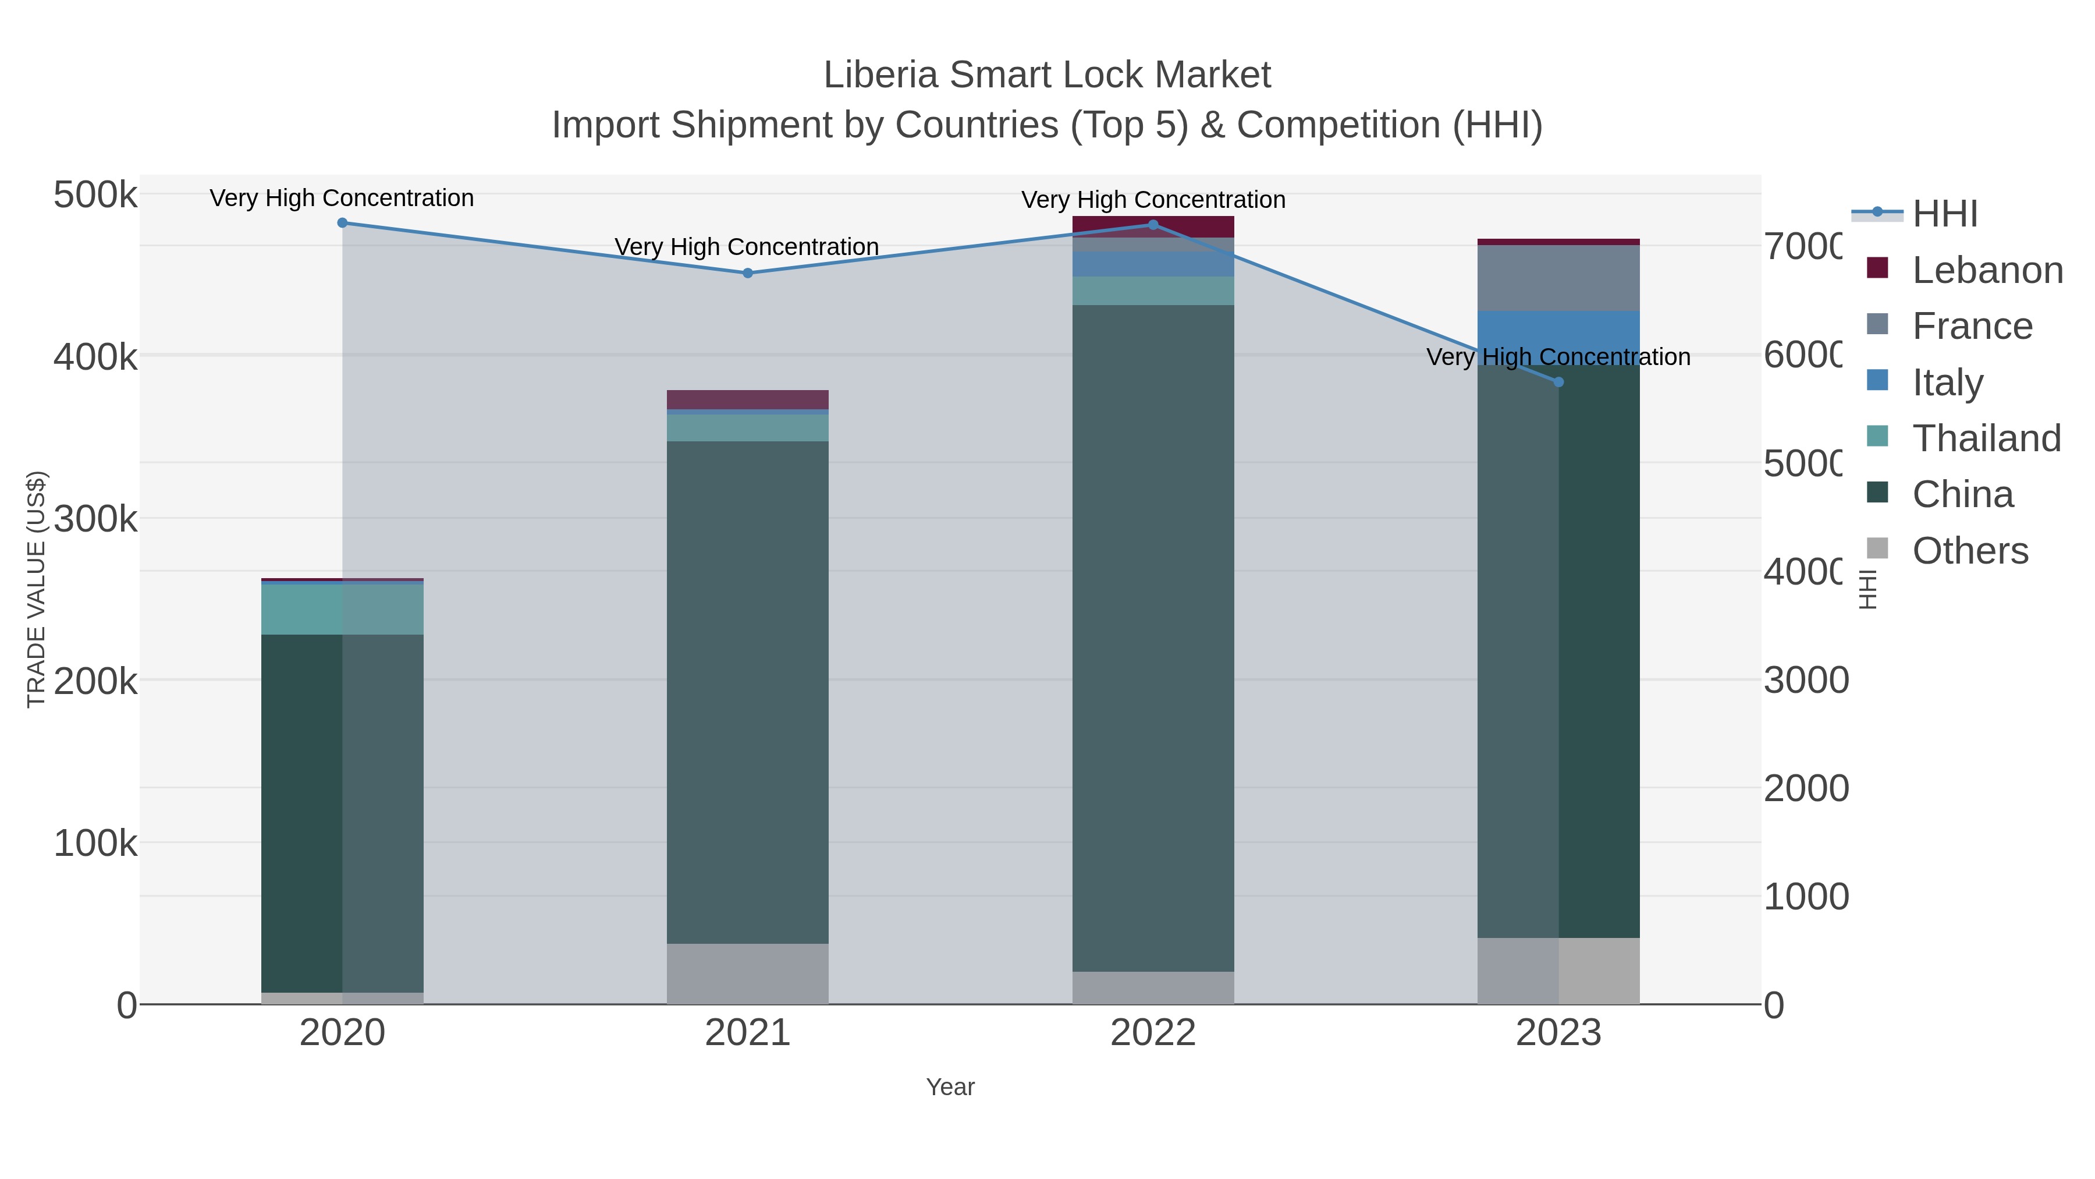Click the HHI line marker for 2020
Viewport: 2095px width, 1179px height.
coord(342,223)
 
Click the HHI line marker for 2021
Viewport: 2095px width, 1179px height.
coord(747,274)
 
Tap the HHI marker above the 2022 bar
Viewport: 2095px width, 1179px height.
coord(1153,225)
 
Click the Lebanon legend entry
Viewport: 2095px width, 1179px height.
coord(1987,270)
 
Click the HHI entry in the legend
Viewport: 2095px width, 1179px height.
coord(1944,214)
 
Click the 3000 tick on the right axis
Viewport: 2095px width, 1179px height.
coord(1805,680)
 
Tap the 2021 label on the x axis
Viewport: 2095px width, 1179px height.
coord(747,1033)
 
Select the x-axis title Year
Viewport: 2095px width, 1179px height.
coord(950,1087)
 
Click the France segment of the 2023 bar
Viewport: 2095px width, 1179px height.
coord(1558,278)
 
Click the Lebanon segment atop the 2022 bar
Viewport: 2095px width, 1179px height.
coord(1153,226)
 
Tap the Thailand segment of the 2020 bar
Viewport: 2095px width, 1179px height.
coord(342,610)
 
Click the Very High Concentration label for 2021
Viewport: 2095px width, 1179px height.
coord(747,246)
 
